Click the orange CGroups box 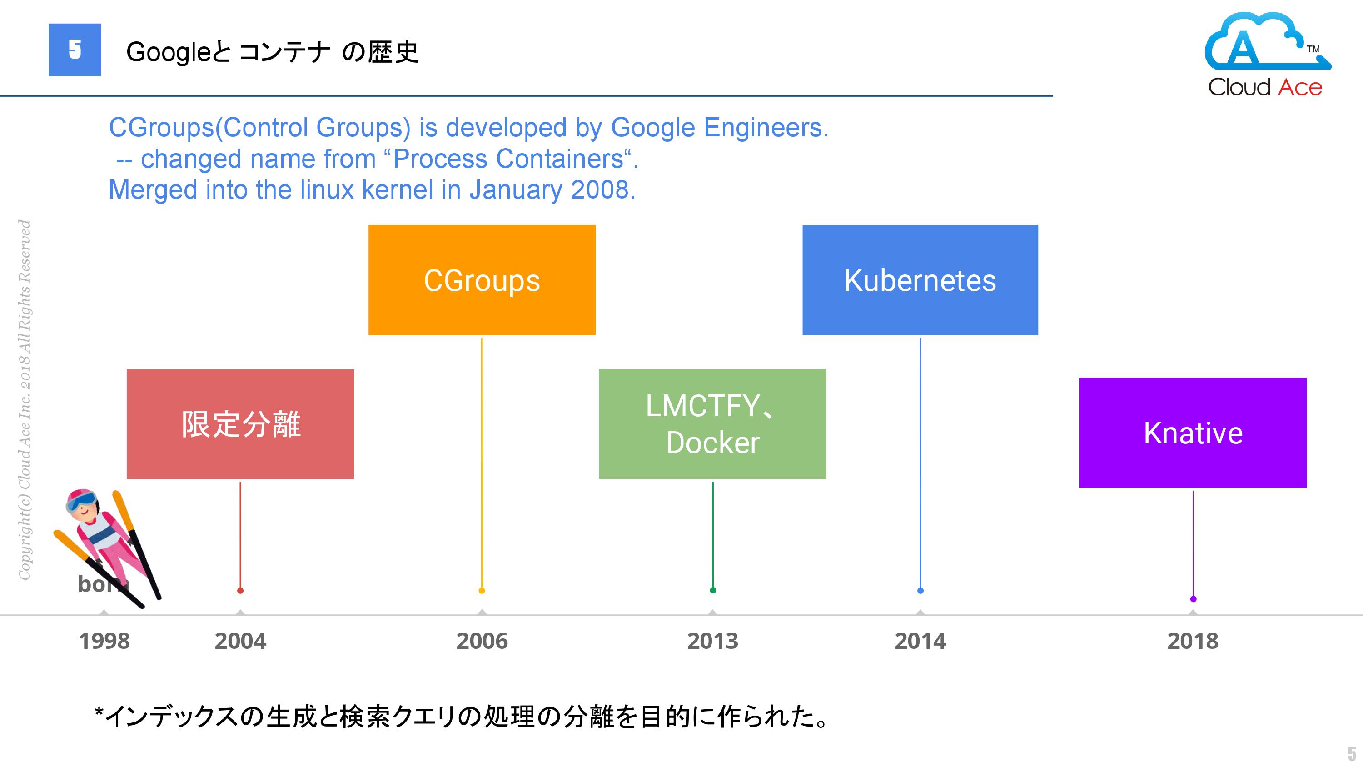pyautogui.click(x=482, y=279)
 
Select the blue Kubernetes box pyautogui.click(x=920, y=279)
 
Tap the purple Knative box pyautogui.click(x=1193, y=433)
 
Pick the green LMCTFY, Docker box pyautogui.click(x=712, y=424)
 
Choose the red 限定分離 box pyautogui.click(x=240, y=424)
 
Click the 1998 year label pyautogui.click(x=104, y=641)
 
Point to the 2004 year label pyautogui.click(x=240, y=641)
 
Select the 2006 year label pyautogui.click(x=482, y=641)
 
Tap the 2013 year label pyautogui.click(x=713, y=641)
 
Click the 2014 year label pyautogui.click(x=920, y=641)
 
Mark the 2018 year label pyautogui.click(x=1193, y=641)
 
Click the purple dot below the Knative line pyautogui.click(x=1193, y=599)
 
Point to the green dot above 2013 pyautogui.click(x=713, y=590)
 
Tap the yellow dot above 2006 pyautogui.click(x=482, y=590)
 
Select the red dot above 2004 pyautogui.click(x=240, y=590)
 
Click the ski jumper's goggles pyautogui.click(x=81, y=500)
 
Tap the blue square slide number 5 pyautogui.click(x=75, y=50)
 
